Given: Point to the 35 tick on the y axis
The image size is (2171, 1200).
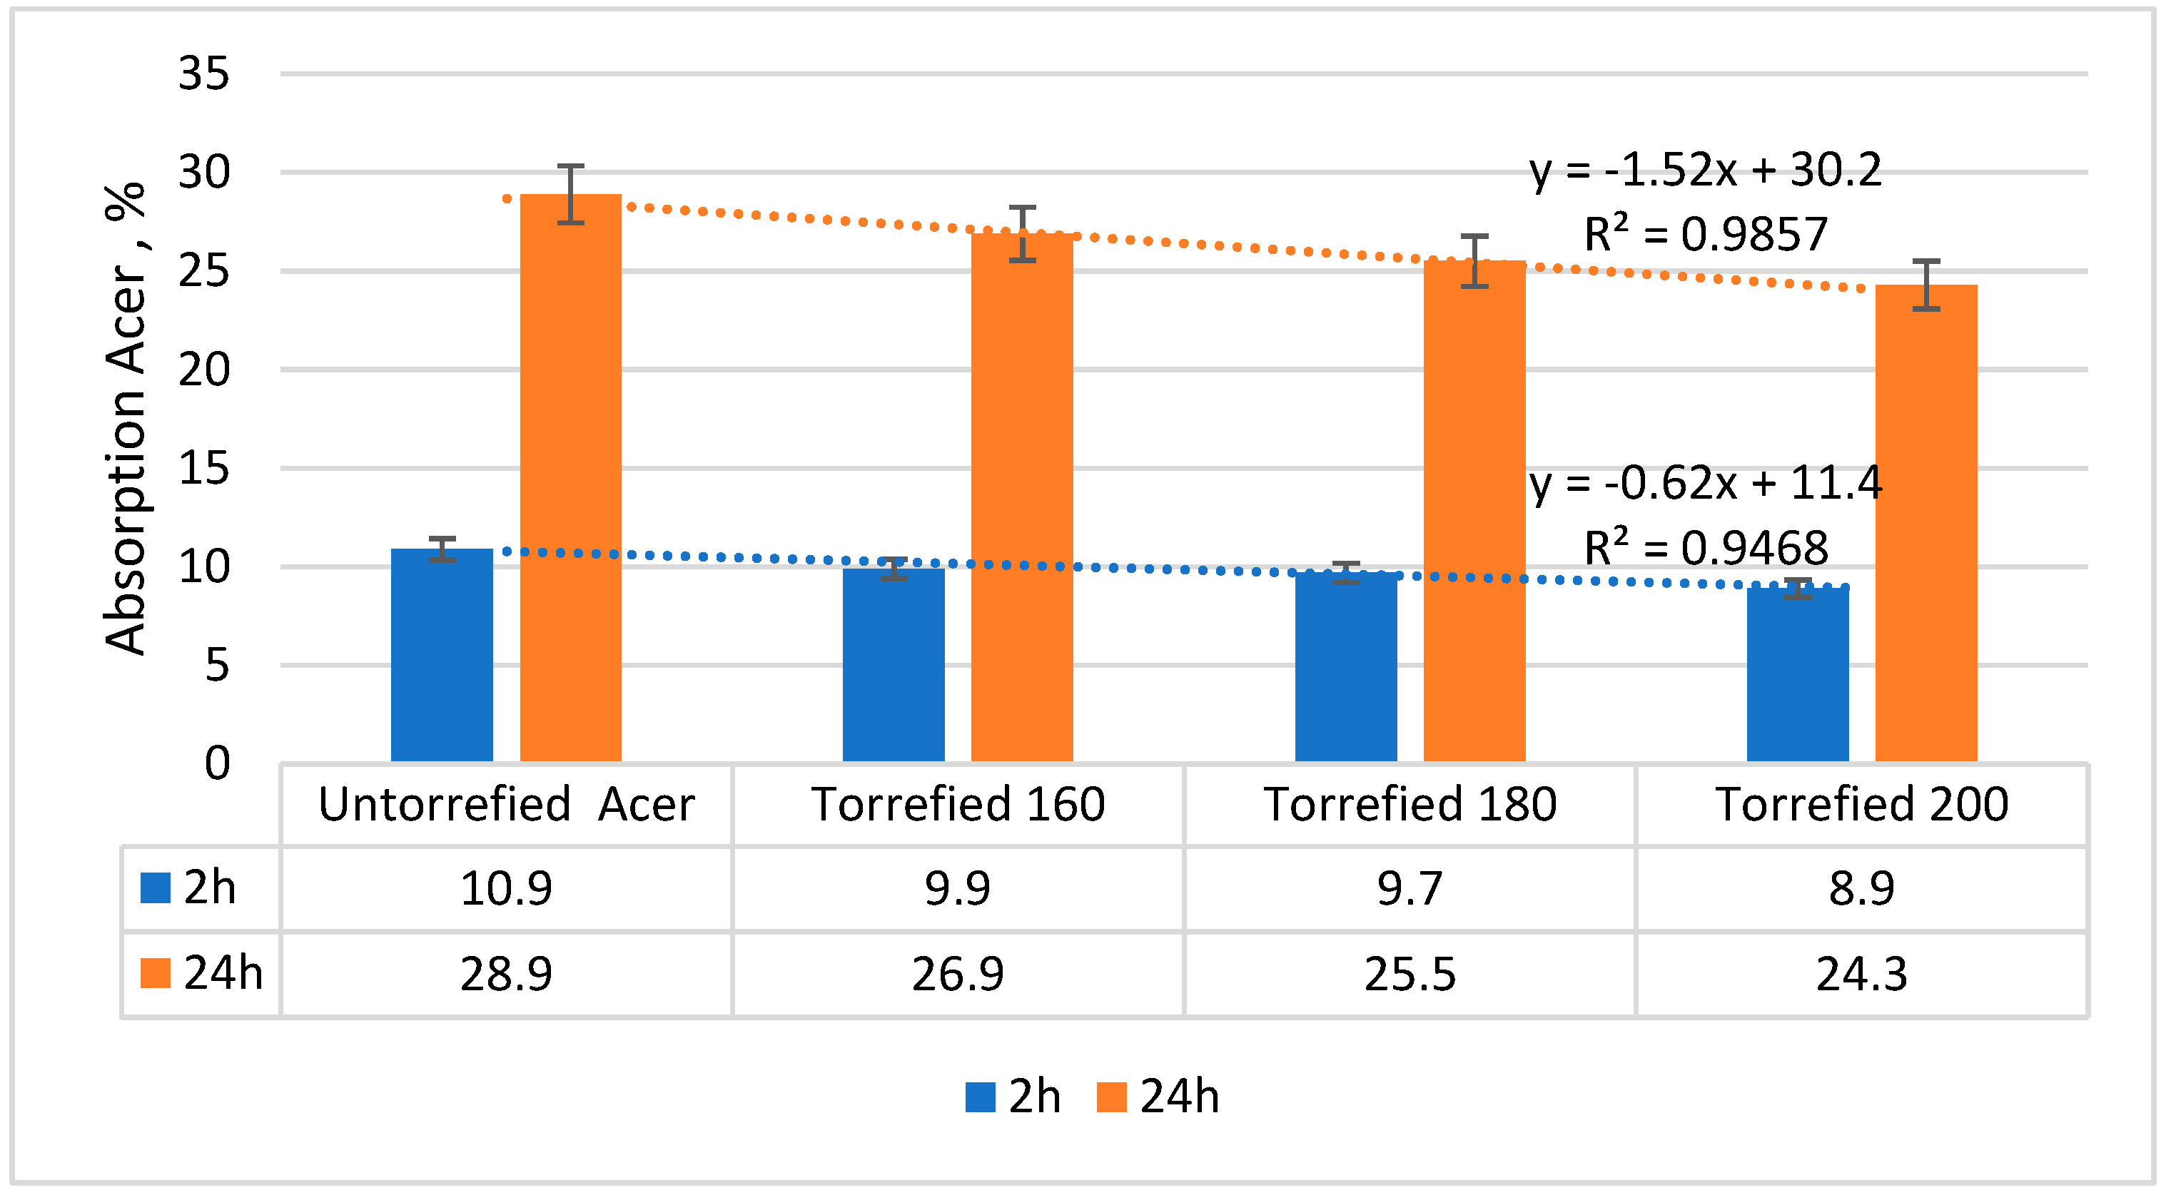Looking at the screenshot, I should click(x=203, y=73).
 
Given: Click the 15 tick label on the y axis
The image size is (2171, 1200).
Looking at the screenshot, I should click(x=203, y=468).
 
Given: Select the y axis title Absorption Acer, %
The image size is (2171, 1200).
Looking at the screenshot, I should click(x=125, y=419).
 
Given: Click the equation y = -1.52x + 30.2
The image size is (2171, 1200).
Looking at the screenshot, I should click(x=1705, y=171).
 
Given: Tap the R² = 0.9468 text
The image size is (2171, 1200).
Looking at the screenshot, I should click(x=1705, y=548).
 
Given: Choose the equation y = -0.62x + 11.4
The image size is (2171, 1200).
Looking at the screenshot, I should click(x=1705, y=483).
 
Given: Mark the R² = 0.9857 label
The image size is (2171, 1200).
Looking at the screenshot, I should click(x=1705, y=234).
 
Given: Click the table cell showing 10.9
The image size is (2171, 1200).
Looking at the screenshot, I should click(x=506, y=888).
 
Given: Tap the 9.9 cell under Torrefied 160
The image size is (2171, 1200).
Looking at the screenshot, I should click(x=958, y=888).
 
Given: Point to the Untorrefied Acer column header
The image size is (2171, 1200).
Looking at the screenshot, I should click(x=506, y=804).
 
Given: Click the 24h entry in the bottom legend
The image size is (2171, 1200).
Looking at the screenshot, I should click(x=1159, y=1097).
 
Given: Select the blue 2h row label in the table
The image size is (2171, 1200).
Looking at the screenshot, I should click(x=190, y=888).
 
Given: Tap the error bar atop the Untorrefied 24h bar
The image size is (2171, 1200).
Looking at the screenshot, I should click(x=570, y=194).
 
